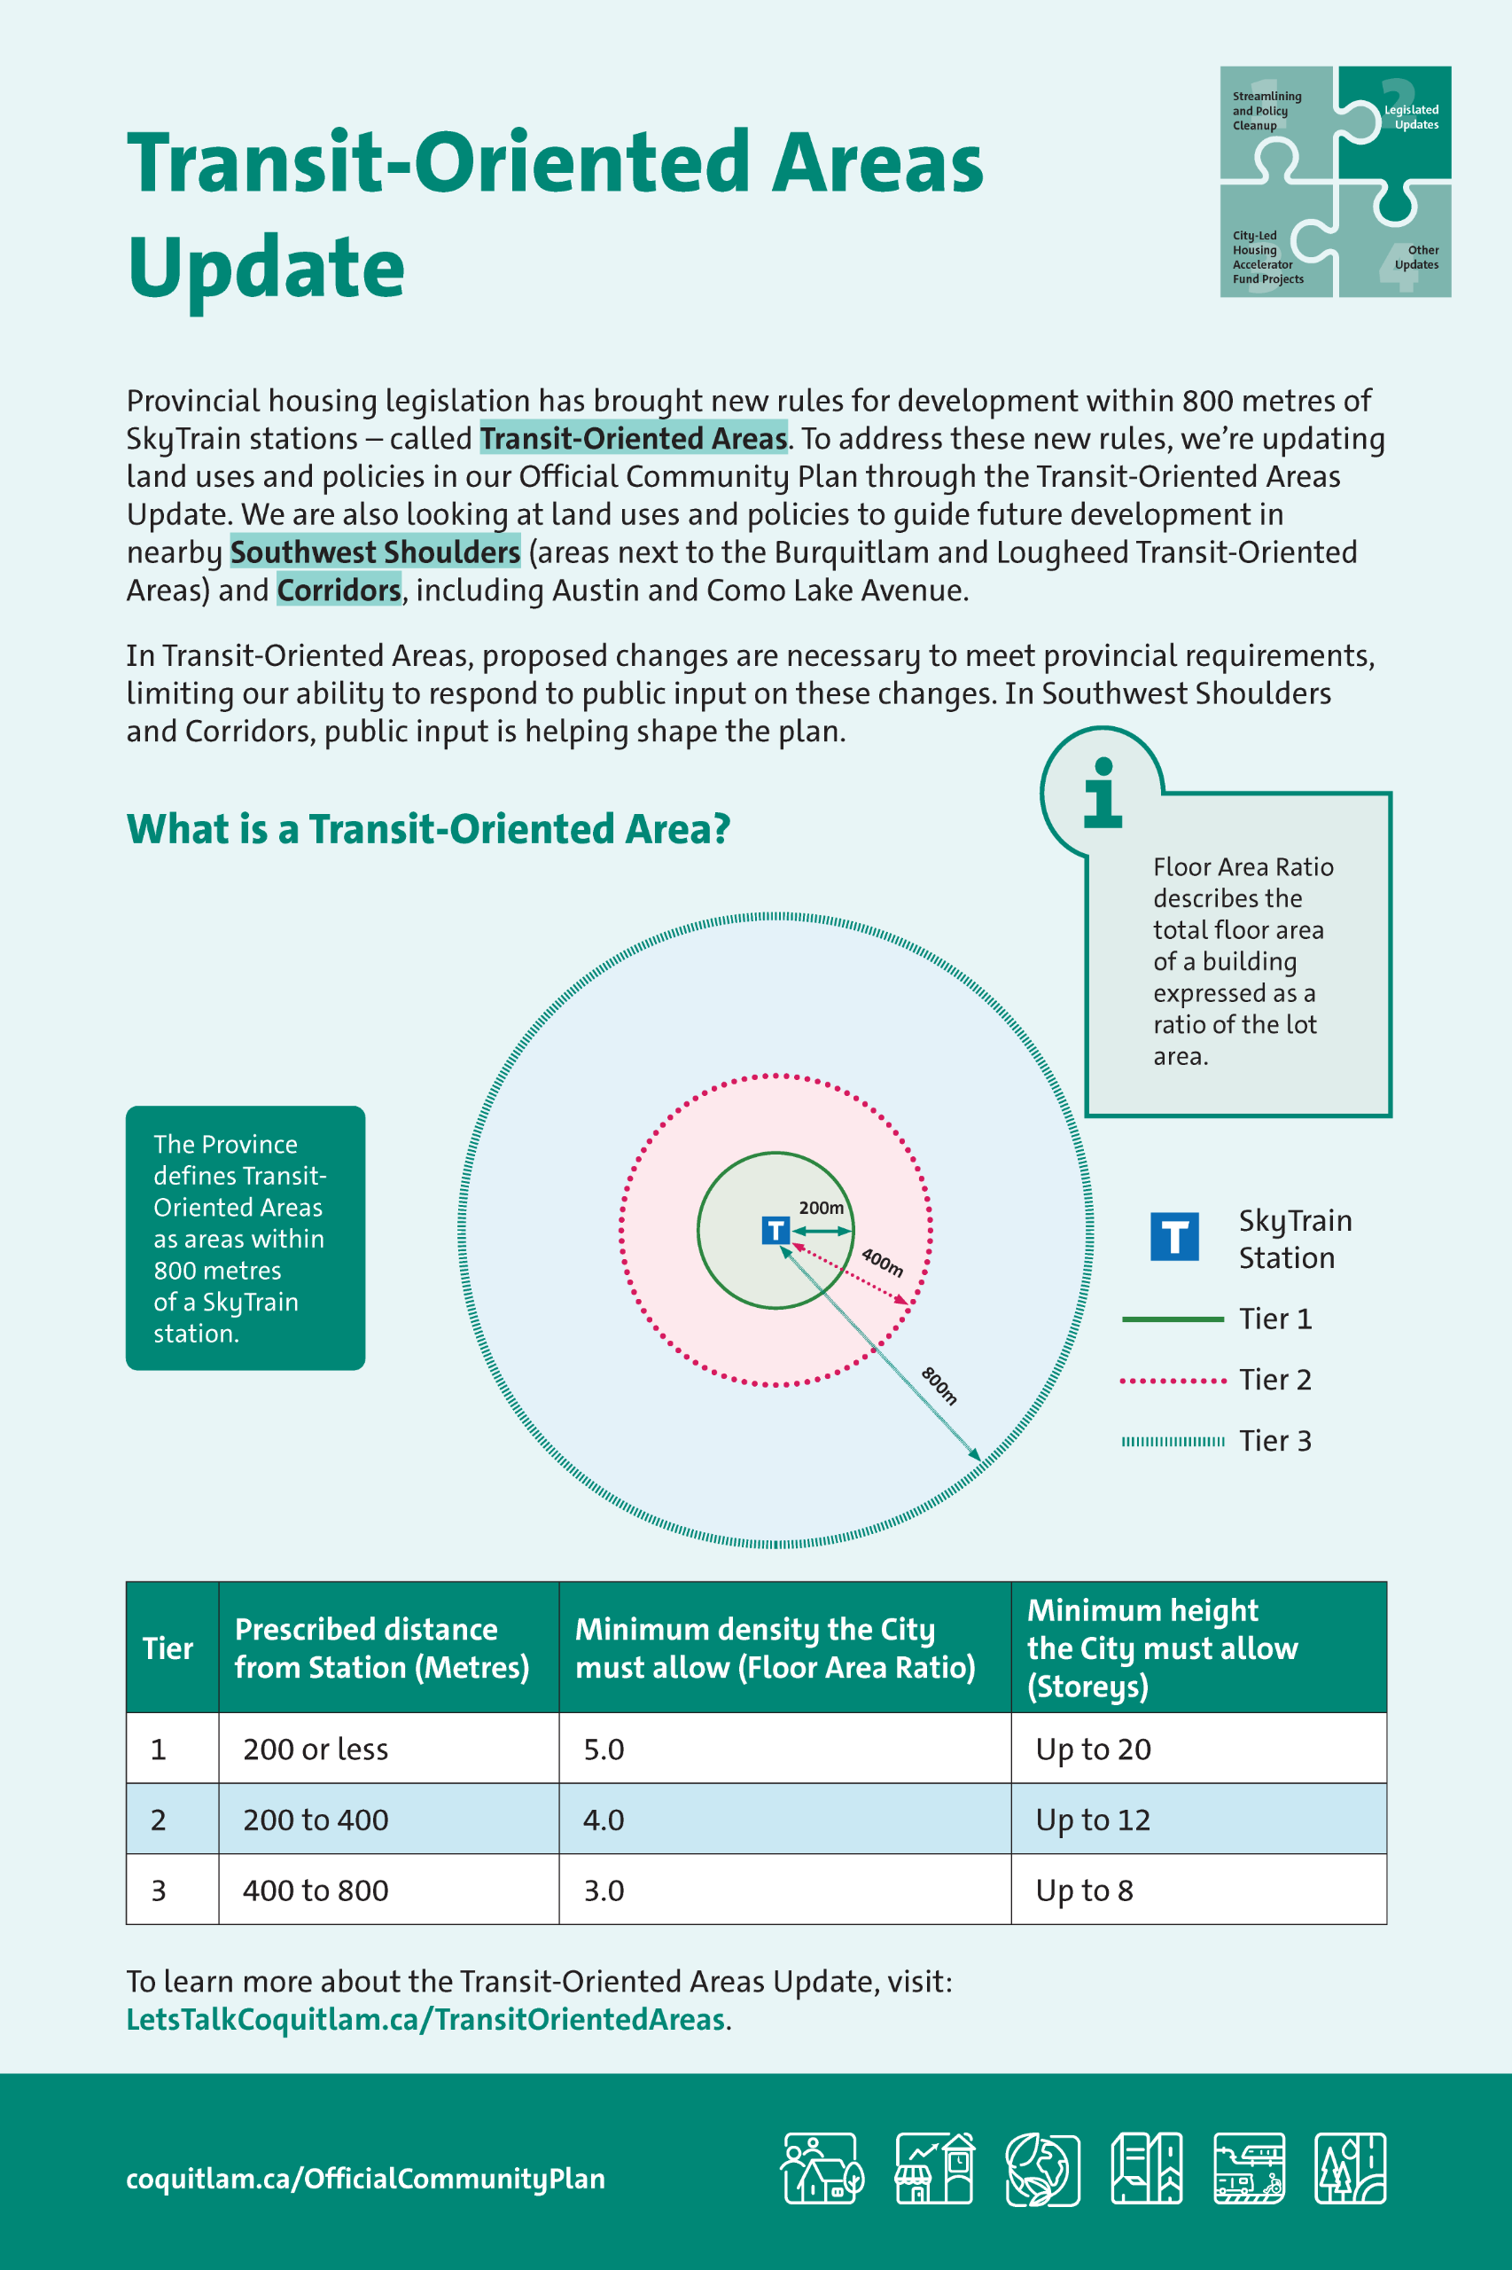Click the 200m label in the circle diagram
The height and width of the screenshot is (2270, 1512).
821,1207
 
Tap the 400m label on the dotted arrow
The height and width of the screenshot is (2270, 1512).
881,1262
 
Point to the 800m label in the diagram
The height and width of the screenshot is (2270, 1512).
939,1385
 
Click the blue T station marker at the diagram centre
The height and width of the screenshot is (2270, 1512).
775,1230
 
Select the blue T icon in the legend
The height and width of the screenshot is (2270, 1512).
1173,1237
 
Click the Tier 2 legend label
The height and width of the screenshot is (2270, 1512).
1274,1380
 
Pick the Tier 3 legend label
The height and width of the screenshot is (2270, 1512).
1274,1440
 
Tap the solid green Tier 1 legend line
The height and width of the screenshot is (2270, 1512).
1172,1319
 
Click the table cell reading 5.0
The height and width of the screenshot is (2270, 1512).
604,1749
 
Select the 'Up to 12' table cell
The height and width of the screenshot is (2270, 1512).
1093,1820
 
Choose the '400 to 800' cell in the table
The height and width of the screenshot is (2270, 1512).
316,1890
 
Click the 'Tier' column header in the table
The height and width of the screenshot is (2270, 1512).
168,1648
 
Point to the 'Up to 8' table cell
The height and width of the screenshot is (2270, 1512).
1084,1890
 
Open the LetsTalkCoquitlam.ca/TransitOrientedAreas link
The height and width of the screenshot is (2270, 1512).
425,2019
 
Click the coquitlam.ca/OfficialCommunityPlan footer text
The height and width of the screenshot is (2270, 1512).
365,2179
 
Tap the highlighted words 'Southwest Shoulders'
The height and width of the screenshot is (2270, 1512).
375,552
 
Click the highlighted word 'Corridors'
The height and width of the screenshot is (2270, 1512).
339,590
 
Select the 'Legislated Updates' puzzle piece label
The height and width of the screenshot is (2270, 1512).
1411,117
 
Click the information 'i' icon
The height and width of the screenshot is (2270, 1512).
1103,793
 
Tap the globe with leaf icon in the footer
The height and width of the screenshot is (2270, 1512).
1041,2169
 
